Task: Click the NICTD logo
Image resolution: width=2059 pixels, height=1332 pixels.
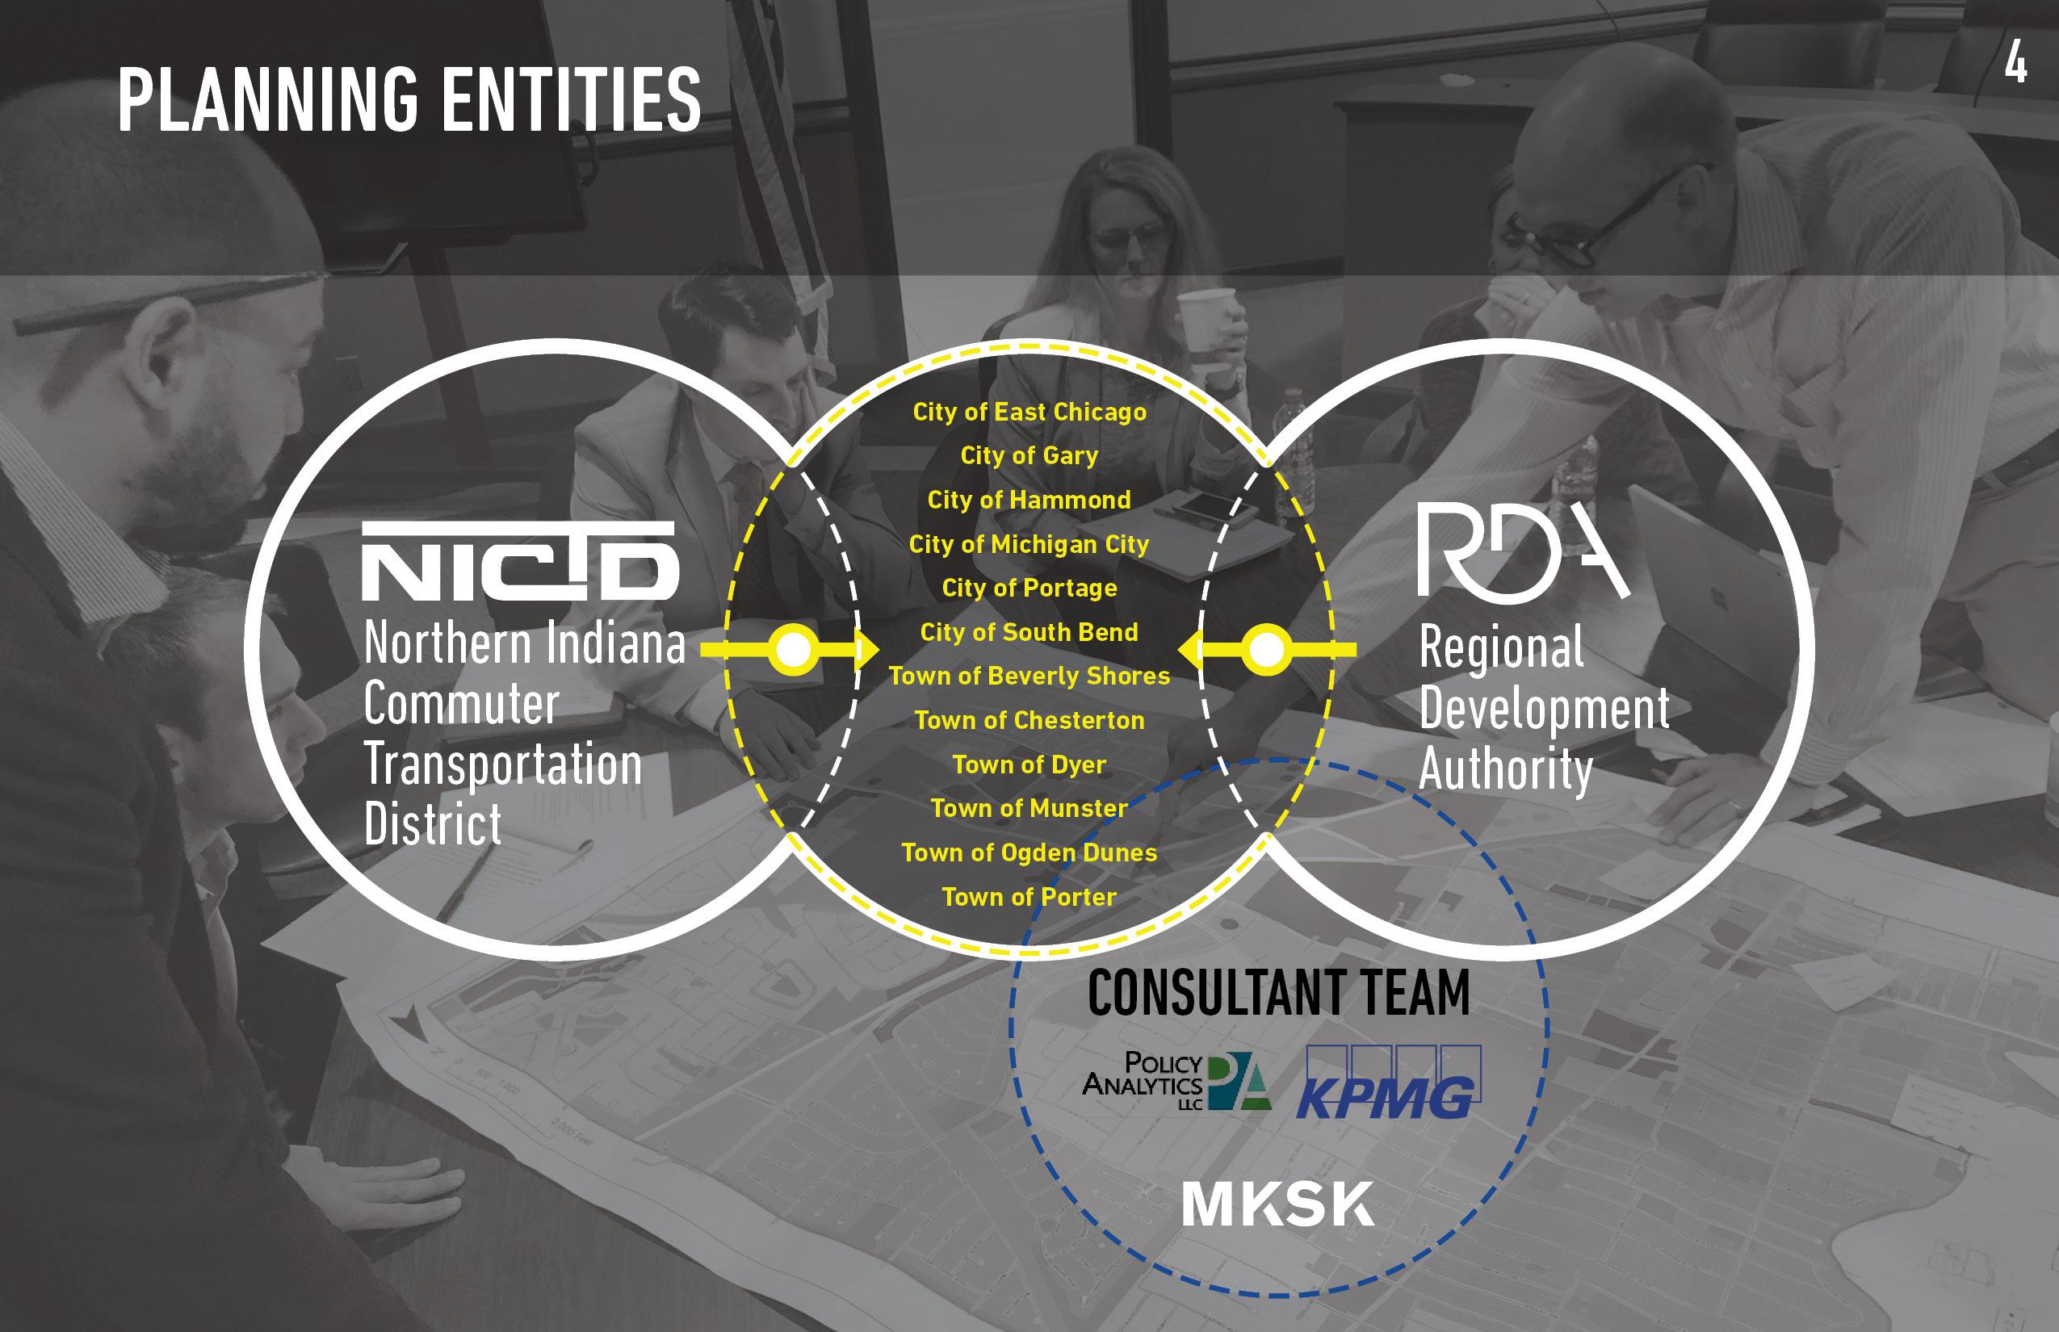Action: point(519,561)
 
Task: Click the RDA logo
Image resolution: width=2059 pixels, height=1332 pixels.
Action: point(1523,555)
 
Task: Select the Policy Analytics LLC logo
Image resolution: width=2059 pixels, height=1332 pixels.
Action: point(1176,1080)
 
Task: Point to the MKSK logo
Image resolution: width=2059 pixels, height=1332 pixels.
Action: point(1277,1204)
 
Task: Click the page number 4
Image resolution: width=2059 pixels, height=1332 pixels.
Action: point(2015,64)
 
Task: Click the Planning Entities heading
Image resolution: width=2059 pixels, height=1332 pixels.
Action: point(409,101)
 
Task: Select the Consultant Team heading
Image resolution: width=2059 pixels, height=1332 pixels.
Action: point(1277,992)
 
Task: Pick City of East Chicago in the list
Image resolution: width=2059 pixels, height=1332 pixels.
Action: point(1029,412)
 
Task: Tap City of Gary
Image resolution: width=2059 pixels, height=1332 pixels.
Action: point(1029,456)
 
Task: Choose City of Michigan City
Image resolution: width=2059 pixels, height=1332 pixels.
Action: point(1029,544)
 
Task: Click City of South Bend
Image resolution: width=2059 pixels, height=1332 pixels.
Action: point(1029,632)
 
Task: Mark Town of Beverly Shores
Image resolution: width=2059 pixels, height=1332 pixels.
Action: point(1029,676)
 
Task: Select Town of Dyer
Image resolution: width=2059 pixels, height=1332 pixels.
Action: point(1029,764)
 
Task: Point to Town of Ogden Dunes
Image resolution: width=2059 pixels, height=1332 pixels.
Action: point(1029,852)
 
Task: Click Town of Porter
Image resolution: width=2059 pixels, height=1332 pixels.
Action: point(1029,897)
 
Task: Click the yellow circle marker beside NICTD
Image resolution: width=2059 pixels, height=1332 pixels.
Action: point(792,649)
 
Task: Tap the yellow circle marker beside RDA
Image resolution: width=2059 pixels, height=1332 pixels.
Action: point(1266,649)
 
